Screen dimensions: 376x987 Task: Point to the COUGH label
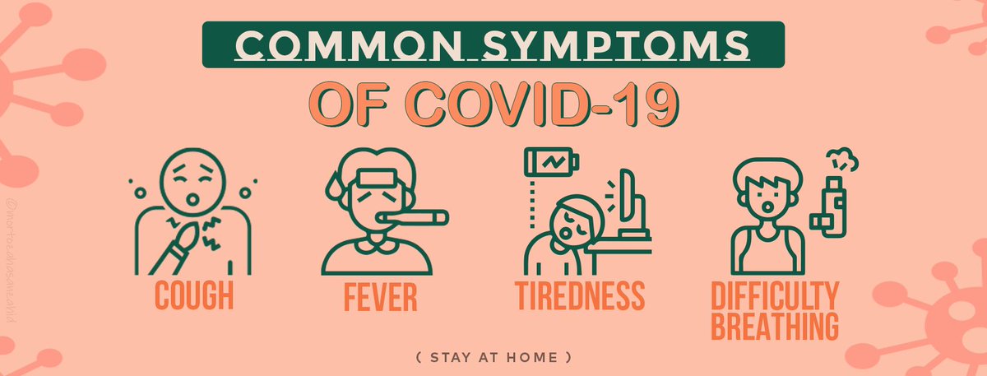pos(194,295)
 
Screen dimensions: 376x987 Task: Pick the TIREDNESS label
pos(581,295)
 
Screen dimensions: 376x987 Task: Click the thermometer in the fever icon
pos(419,219)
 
